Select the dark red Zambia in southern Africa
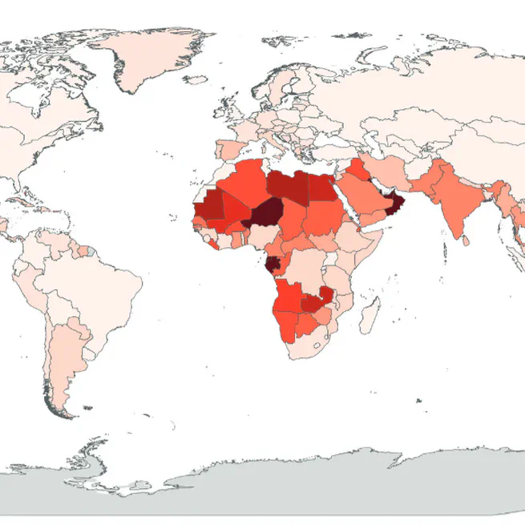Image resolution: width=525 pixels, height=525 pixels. [313, 302]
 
